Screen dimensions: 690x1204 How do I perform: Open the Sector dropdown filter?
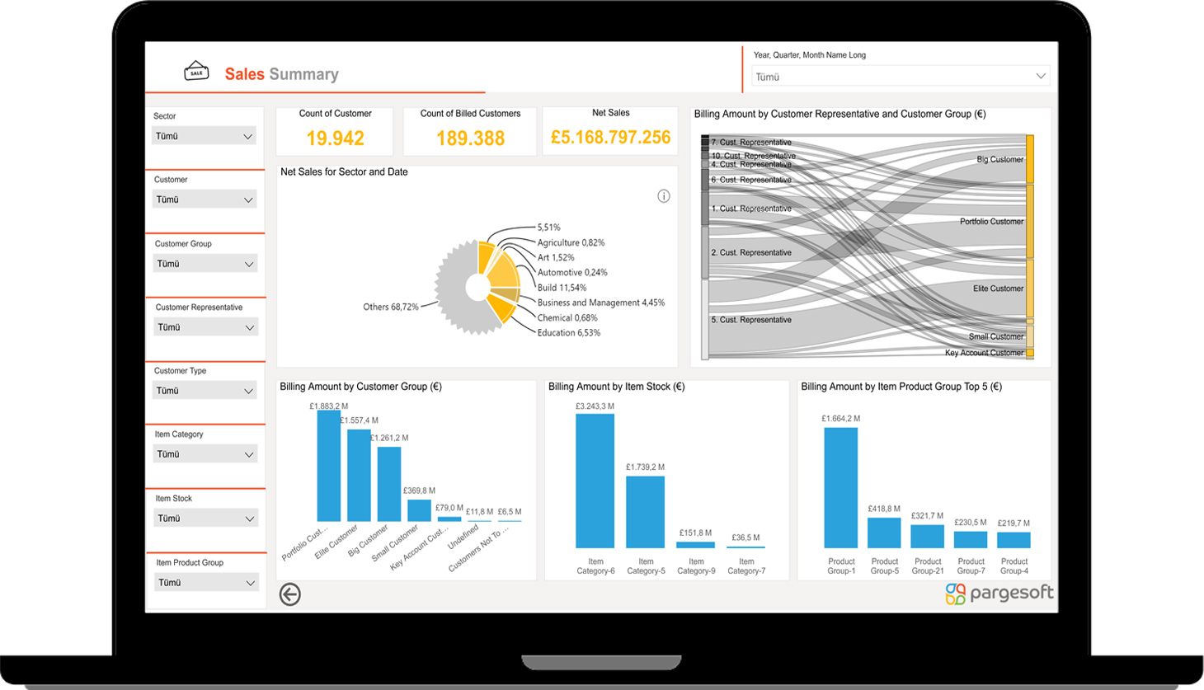click(204, 136)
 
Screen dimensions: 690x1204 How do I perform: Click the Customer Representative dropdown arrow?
click(249, 327)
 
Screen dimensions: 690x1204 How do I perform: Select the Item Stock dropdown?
click(205, 519)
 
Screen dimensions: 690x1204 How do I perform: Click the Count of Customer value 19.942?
click(335, 138)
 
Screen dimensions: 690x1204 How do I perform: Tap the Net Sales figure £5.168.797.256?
click(610, 138)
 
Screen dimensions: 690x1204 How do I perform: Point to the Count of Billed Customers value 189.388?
click(470, 138)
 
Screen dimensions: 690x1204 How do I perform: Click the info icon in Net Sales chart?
click(664, 196)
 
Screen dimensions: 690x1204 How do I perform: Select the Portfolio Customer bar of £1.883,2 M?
click(328, 466)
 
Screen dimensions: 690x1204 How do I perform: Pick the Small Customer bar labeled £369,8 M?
click(419, 510)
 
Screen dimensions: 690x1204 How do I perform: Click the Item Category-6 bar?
click(595, 481)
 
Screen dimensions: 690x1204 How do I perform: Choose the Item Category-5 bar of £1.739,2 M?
click(645, 512)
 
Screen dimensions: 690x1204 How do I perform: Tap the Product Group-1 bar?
click(840, 487)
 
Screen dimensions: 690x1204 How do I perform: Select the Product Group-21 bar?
click(927, 536)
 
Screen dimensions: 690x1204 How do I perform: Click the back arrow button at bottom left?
click(289, 594)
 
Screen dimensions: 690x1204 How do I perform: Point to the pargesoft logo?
click(999, 594)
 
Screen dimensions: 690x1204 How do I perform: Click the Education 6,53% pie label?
click(568, 333)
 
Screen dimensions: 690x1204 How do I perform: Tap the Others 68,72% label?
click(390, 307)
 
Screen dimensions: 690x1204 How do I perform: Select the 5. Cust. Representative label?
click(750, 320)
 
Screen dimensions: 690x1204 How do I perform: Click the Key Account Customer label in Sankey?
click(984, 353)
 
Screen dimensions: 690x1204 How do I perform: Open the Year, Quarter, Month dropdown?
click(900, 77)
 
